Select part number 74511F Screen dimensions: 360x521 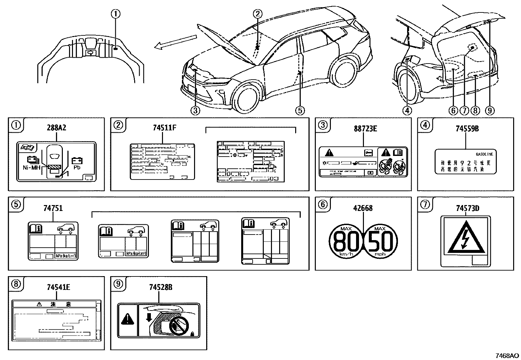pos(164,128)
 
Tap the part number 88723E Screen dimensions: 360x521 pos(365,128)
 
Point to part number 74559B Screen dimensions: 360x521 pos(467,128)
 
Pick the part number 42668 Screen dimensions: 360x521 pos(363,208)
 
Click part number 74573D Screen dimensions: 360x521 pos(468,208)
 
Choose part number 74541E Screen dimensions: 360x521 pos(58,287)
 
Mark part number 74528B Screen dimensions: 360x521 pos(160,287)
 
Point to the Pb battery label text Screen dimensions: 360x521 pos(77,167)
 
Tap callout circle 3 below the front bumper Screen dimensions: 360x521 pos(195,110)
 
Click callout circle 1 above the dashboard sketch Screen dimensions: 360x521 pos(116,14)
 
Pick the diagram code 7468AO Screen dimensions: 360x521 pos(507,356)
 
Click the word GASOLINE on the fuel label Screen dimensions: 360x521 pos(484,154)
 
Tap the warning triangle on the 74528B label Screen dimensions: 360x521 pos(128,319)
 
